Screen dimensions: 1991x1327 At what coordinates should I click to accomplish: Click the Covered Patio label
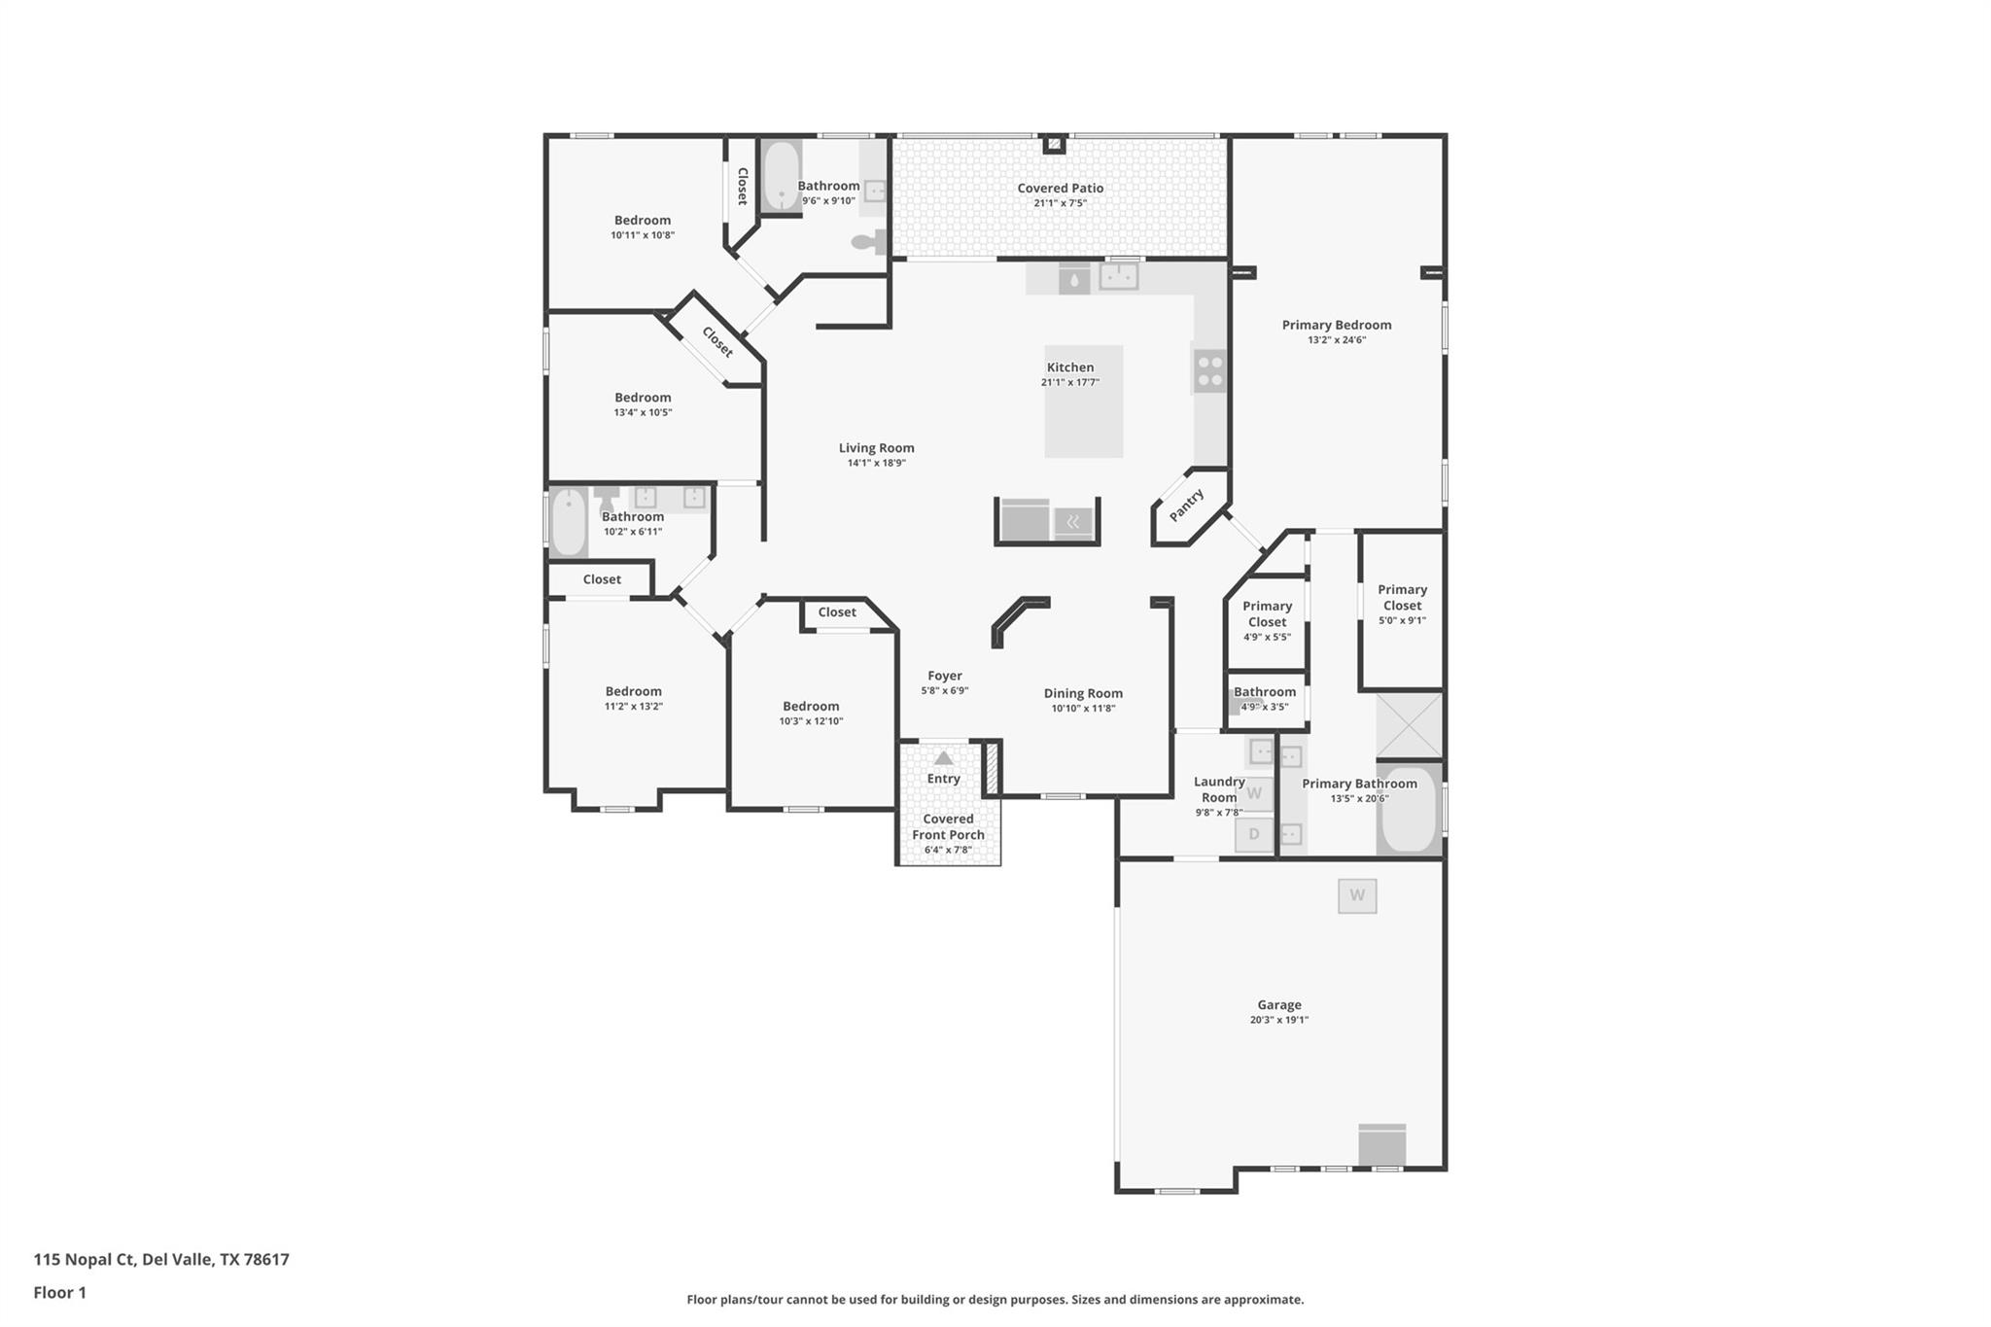click(x=1060, y=188)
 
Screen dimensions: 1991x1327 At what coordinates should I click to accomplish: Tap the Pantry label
click(x=1186, y=506)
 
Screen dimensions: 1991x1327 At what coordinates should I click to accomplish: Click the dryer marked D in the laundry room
click(x=1254, y=834)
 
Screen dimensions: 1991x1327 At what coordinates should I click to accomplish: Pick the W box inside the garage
click(x=1357, y=895)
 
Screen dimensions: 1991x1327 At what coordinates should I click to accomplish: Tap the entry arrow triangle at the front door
click(x=943, y=757)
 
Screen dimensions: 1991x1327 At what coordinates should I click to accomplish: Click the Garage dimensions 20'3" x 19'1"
click(x=1279, y=1020)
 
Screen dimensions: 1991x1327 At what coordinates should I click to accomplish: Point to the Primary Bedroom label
click(x=1337, y=325)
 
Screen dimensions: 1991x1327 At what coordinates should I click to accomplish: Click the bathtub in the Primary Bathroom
click(x=1409, y=809)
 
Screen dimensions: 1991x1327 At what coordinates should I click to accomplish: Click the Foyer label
click(x=945, y=676)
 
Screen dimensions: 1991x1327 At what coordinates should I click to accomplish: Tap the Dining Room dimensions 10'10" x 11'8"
click(x=1083, y=708)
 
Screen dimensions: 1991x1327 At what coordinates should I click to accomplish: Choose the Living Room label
click(x=877, y=448)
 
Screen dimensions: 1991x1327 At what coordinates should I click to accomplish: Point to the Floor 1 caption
click(x=60, y=1292)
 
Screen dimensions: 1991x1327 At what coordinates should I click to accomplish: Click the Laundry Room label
click(x=1219, y=789)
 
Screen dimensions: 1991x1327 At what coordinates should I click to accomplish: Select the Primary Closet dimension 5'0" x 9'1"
click(x=1402, y=620)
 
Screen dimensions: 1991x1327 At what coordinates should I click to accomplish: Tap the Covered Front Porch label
click(x=948, y=826)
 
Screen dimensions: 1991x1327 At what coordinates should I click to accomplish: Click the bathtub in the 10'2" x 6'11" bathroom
click(x=569, y=523)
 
